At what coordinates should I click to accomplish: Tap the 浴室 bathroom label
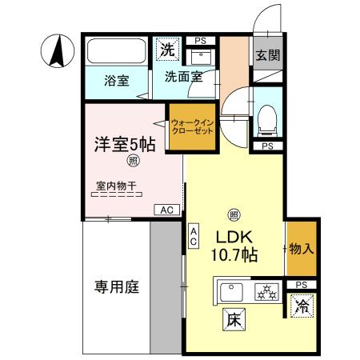pos(118,81)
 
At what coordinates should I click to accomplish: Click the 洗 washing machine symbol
pos(166,49)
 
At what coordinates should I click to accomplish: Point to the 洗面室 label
pos(183,78)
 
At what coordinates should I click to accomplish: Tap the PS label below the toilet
pos(267,146)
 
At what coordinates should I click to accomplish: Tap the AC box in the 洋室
pos(167,210)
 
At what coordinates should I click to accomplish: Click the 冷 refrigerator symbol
pos(302,306)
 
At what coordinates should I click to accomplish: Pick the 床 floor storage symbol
pos(234,317)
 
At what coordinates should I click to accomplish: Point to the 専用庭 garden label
pos(115,286)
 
